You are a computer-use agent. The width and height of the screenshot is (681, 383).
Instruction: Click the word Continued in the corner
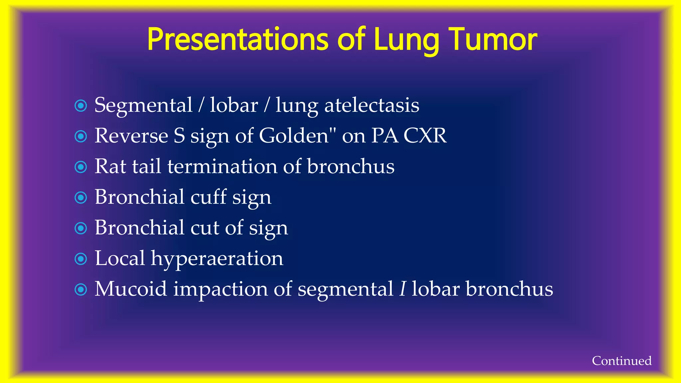click(621, 361)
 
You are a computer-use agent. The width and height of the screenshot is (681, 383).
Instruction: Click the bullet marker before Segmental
click(81, 106)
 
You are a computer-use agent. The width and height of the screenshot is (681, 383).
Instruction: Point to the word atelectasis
click(371, 105)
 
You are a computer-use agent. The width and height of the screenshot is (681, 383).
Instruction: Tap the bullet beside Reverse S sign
click(81, 136)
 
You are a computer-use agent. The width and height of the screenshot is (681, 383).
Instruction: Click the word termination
click(222, 166)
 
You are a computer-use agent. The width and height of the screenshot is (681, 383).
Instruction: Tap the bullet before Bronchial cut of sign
click(81, 228)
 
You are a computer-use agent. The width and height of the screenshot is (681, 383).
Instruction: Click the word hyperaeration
click(217, 259)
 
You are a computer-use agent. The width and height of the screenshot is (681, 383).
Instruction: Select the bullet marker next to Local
click(81, 259)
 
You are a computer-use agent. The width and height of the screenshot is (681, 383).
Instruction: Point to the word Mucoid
click(131, 289)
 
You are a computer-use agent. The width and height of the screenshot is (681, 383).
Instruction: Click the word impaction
click(220, 289)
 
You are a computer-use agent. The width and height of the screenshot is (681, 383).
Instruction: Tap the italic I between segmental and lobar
click(403, 289)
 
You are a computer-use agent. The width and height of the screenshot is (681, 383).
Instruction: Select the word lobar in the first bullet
click(234, 105)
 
